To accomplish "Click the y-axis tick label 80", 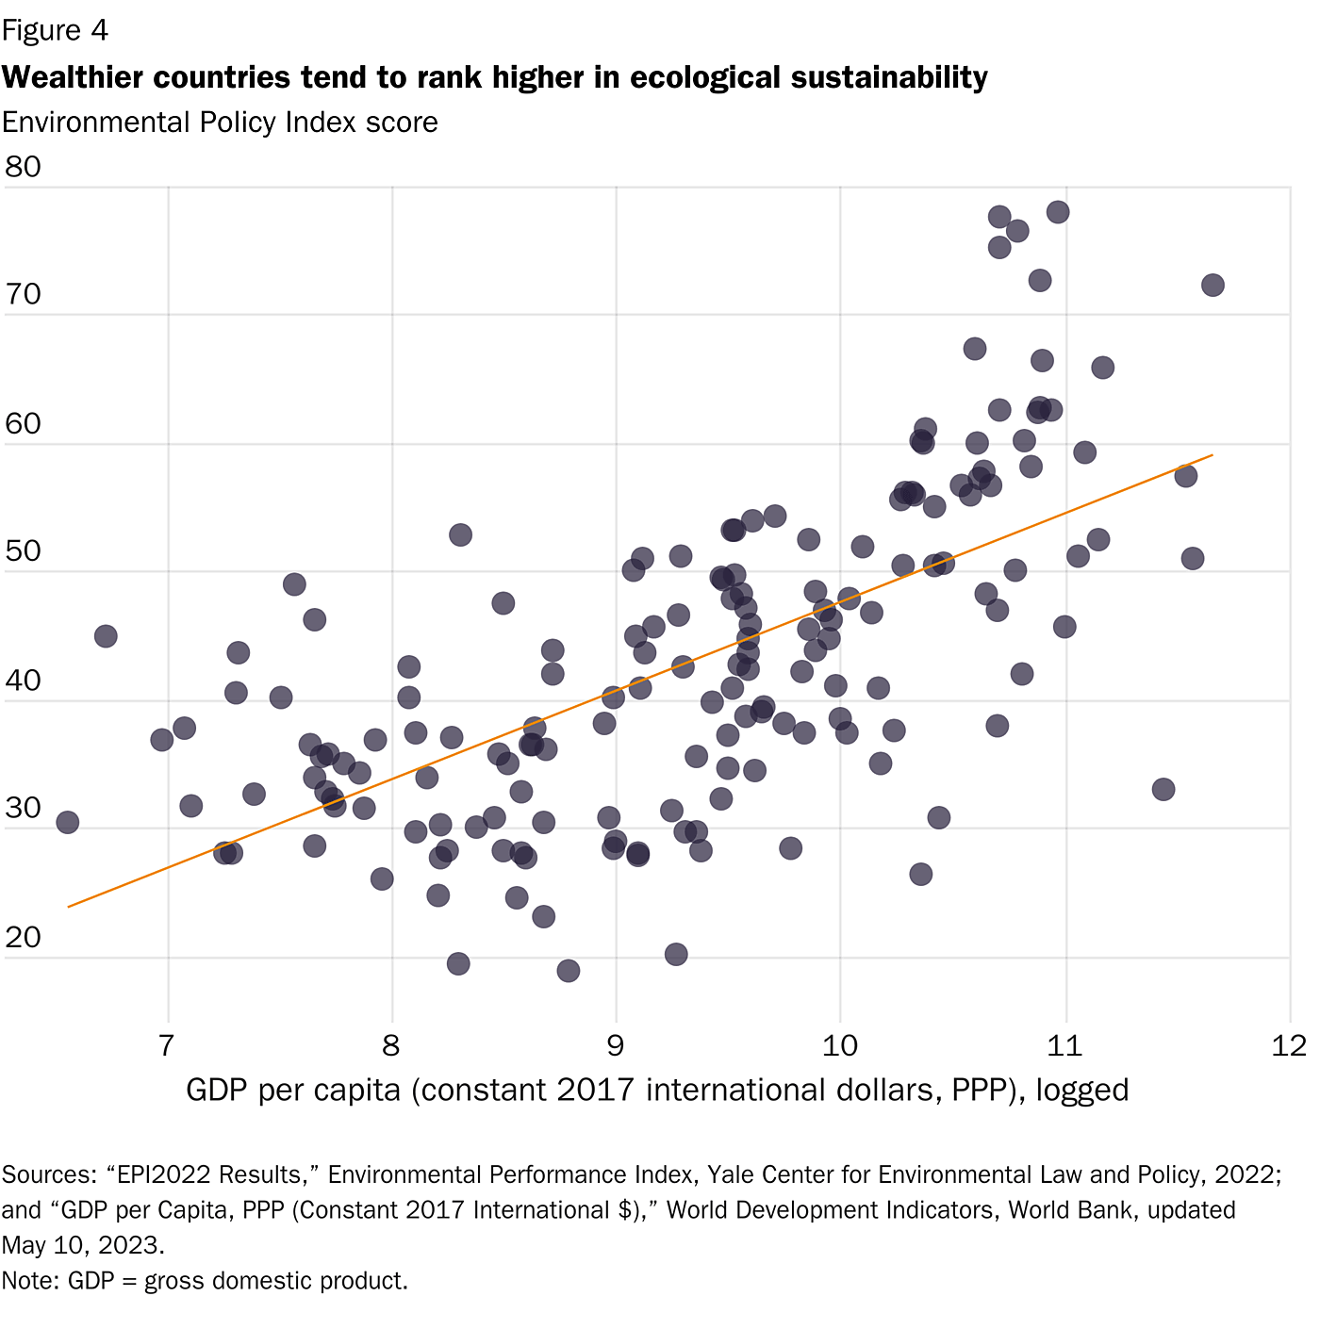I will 23,167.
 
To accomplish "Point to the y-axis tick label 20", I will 23,937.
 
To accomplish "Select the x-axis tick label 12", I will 1289,1045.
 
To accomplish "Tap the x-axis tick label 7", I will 167,1045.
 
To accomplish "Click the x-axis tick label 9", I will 616,1045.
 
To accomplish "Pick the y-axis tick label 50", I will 23,551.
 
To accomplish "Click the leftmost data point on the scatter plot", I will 67,822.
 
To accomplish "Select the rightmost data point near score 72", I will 1213,285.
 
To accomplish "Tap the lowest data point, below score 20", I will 568,971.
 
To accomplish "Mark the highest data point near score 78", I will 1058,212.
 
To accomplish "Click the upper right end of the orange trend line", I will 1212,455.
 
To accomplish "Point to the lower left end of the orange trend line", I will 69,907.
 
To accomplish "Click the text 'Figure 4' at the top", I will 55,31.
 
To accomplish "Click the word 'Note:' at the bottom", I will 30,1281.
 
